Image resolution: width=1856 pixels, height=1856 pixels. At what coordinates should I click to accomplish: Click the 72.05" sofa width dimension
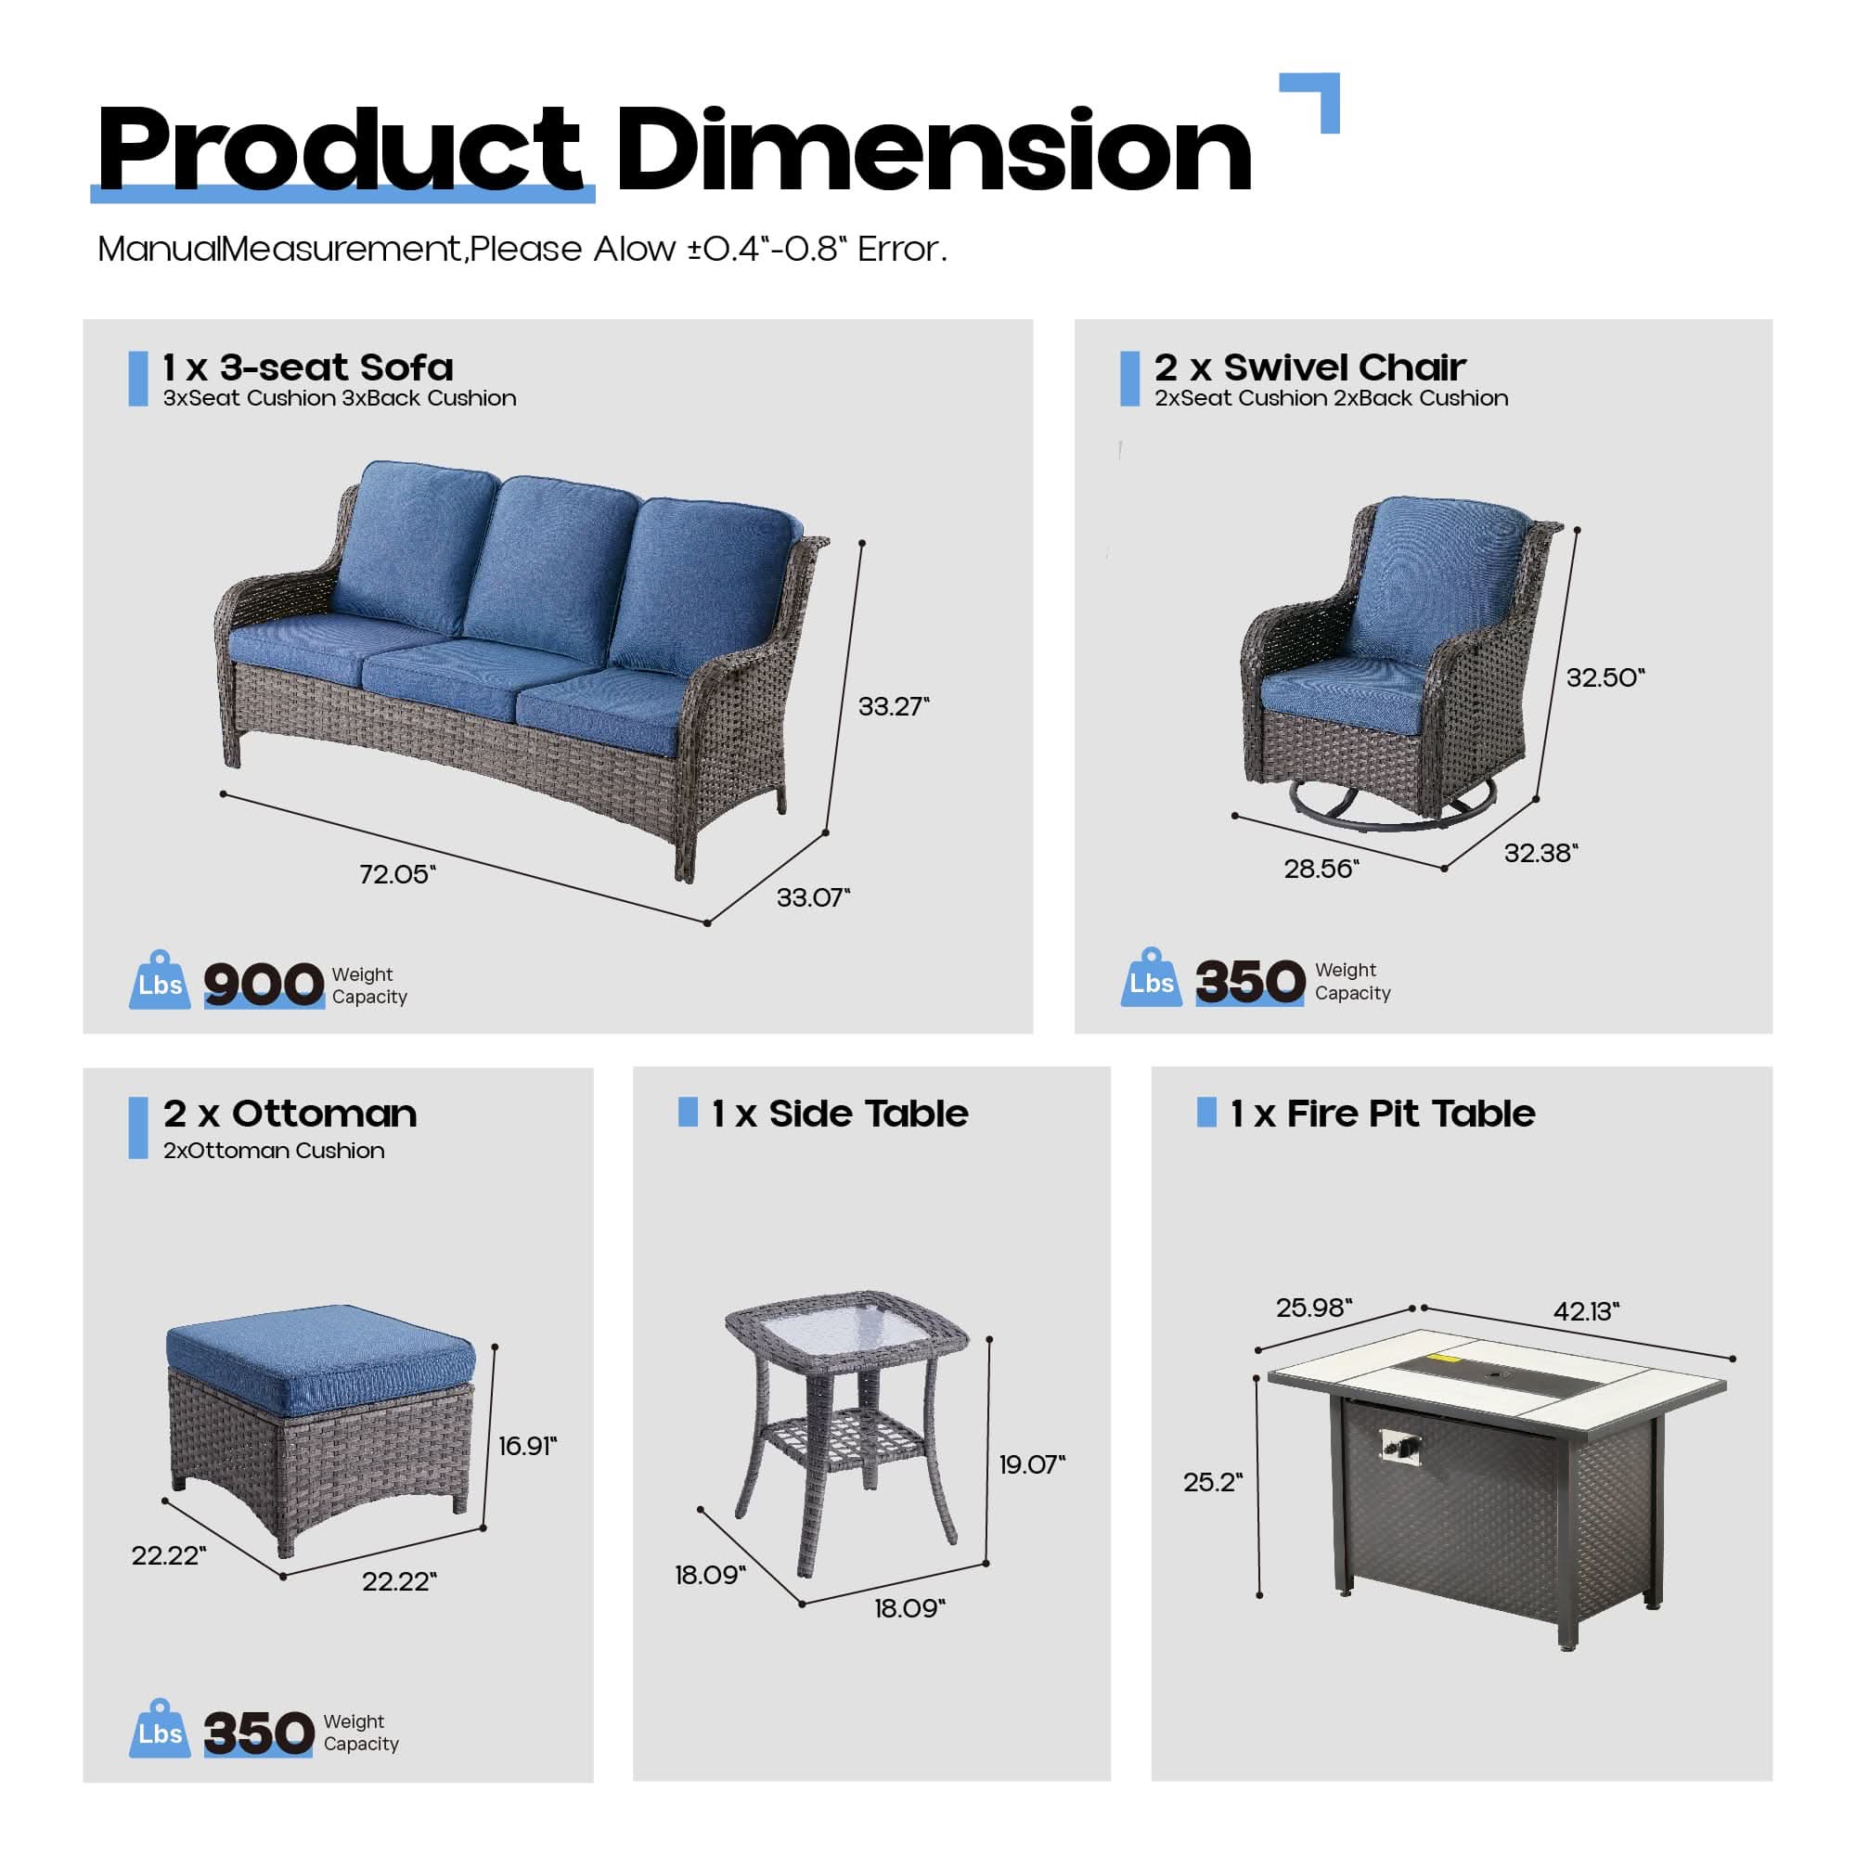(397, 874)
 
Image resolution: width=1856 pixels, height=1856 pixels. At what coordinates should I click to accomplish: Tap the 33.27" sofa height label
(894, 706)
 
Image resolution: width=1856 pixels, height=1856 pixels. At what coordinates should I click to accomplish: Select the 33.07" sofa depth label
(813, 897)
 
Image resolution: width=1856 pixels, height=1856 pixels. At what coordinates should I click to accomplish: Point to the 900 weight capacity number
(264, 984)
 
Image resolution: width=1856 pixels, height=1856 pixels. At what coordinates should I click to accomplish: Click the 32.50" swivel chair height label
(1605, 677)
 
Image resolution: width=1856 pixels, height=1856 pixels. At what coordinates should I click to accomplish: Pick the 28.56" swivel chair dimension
(1321, 869)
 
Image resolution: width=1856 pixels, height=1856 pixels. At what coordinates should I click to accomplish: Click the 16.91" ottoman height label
(527, 1446)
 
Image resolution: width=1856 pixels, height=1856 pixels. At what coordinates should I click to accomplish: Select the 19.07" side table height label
(1032, 1464)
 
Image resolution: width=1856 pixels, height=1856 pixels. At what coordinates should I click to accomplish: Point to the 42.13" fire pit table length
(1586, 1310)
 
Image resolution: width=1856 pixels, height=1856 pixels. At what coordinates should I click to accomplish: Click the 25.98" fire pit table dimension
(1313, 1308)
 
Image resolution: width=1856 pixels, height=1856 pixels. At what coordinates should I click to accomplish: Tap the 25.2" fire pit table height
(1212, 1481)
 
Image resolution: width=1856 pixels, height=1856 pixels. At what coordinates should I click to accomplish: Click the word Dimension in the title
(934, 152)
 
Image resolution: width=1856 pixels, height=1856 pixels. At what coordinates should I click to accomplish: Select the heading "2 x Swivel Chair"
(1309, 367)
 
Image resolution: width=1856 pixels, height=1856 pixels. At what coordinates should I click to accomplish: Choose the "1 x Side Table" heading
(840, 1114)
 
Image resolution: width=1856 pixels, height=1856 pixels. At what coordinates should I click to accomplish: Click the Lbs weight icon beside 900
(160, 981)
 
